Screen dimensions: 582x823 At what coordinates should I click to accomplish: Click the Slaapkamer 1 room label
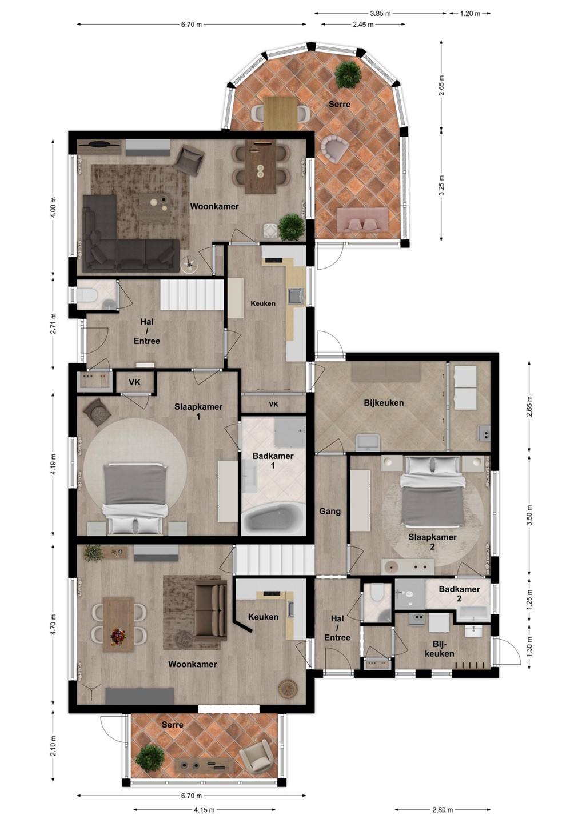pyautogui.click(x=198, y=411)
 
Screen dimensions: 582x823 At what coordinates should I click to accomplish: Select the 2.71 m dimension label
pyautogui.click(x=54, y=324)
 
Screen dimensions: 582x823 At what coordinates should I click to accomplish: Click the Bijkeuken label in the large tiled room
pyautogui.click(x=384, y=403)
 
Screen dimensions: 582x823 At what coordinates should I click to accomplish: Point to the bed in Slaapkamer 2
pyautogui.click(x=432, y=491)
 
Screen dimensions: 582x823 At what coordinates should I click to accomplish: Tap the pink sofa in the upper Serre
pyautogui.click(x=362, y=219)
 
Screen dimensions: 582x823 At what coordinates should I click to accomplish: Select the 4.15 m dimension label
pyautogui.click(x=204, y=809)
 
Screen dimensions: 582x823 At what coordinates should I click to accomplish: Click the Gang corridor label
pyautogui.click(x=329, y=511)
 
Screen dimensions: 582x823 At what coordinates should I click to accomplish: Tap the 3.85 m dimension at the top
pyautogui.click(x=380, y=14)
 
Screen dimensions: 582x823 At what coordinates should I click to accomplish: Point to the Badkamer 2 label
pyautogui.click(x=459, y=593)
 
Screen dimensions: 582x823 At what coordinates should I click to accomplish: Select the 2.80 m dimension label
pyautogui.click(x=443, y=809)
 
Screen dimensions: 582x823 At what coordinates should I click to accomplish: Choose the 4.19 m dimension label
pyautogui.click(x=54, y=464)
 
